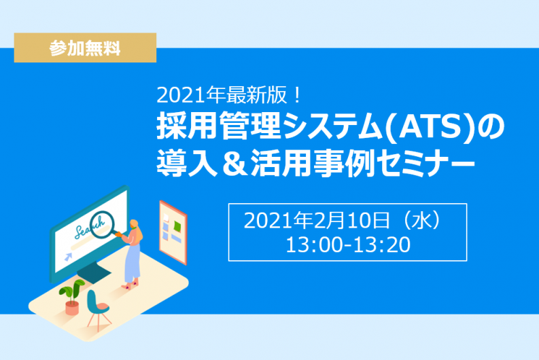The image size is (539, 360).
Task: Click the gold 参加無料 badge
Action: (x=85, y=48)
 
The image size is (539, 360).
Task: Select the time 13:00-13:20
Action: (x=348, y=244)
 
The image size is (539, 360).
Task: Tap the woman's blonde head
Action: (x=135, y=224)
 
